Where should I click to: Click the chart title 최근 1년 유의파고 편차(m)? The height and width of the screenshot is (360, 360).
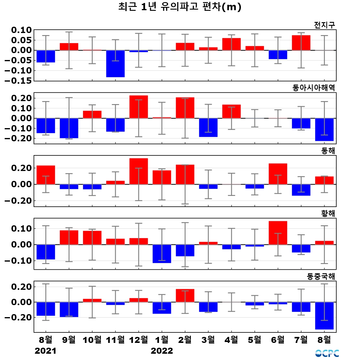180,7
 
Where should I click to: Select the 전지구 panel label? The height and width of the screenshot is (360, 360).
324,25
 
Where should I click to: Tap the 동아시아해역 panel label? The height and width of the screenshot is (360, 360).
313,88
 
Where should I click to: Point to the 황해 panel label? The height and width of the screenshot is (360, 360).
328,213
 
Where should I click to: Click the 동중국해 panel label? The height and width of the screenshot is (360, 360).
321,276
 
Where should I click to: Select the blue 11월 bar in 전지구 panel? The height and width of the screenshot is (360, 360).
115,64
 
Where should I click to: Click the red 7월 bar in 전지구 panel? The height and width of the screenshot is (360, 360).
301,43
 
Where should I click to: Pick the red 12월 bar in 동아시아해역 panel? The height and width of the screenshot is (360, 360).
139,107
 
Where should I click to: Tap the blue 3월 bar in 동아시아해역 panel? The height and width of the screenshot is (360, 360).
208,127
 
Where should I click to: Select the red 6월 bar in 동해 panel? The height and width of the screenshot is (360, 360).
278,174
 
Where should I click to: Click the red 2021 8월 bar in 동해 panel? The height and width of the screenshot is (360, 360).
46,175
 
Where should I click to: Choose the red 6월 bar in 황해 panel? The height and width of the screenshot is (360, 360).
278,233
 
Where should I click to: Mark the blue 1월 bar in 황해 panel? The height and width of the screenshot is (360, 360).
162,254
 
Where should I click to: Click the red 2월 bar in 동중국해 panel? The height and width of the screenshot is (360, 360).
185,295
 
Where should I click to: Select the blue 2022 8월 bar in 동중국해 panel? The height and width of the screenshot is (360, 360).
324,316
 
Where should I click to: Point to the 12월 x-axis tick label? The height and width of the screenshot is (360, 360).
139,340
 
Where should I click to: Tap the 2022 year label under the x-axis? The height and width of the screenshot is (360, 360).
162,351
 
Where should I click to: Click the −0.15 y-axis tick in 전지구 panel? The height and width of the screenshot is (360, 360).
18,81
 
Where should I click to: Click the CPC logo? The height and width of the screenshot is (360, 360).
327,353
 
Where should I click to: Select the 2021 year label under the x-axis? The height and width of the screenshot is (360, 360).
46,351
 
